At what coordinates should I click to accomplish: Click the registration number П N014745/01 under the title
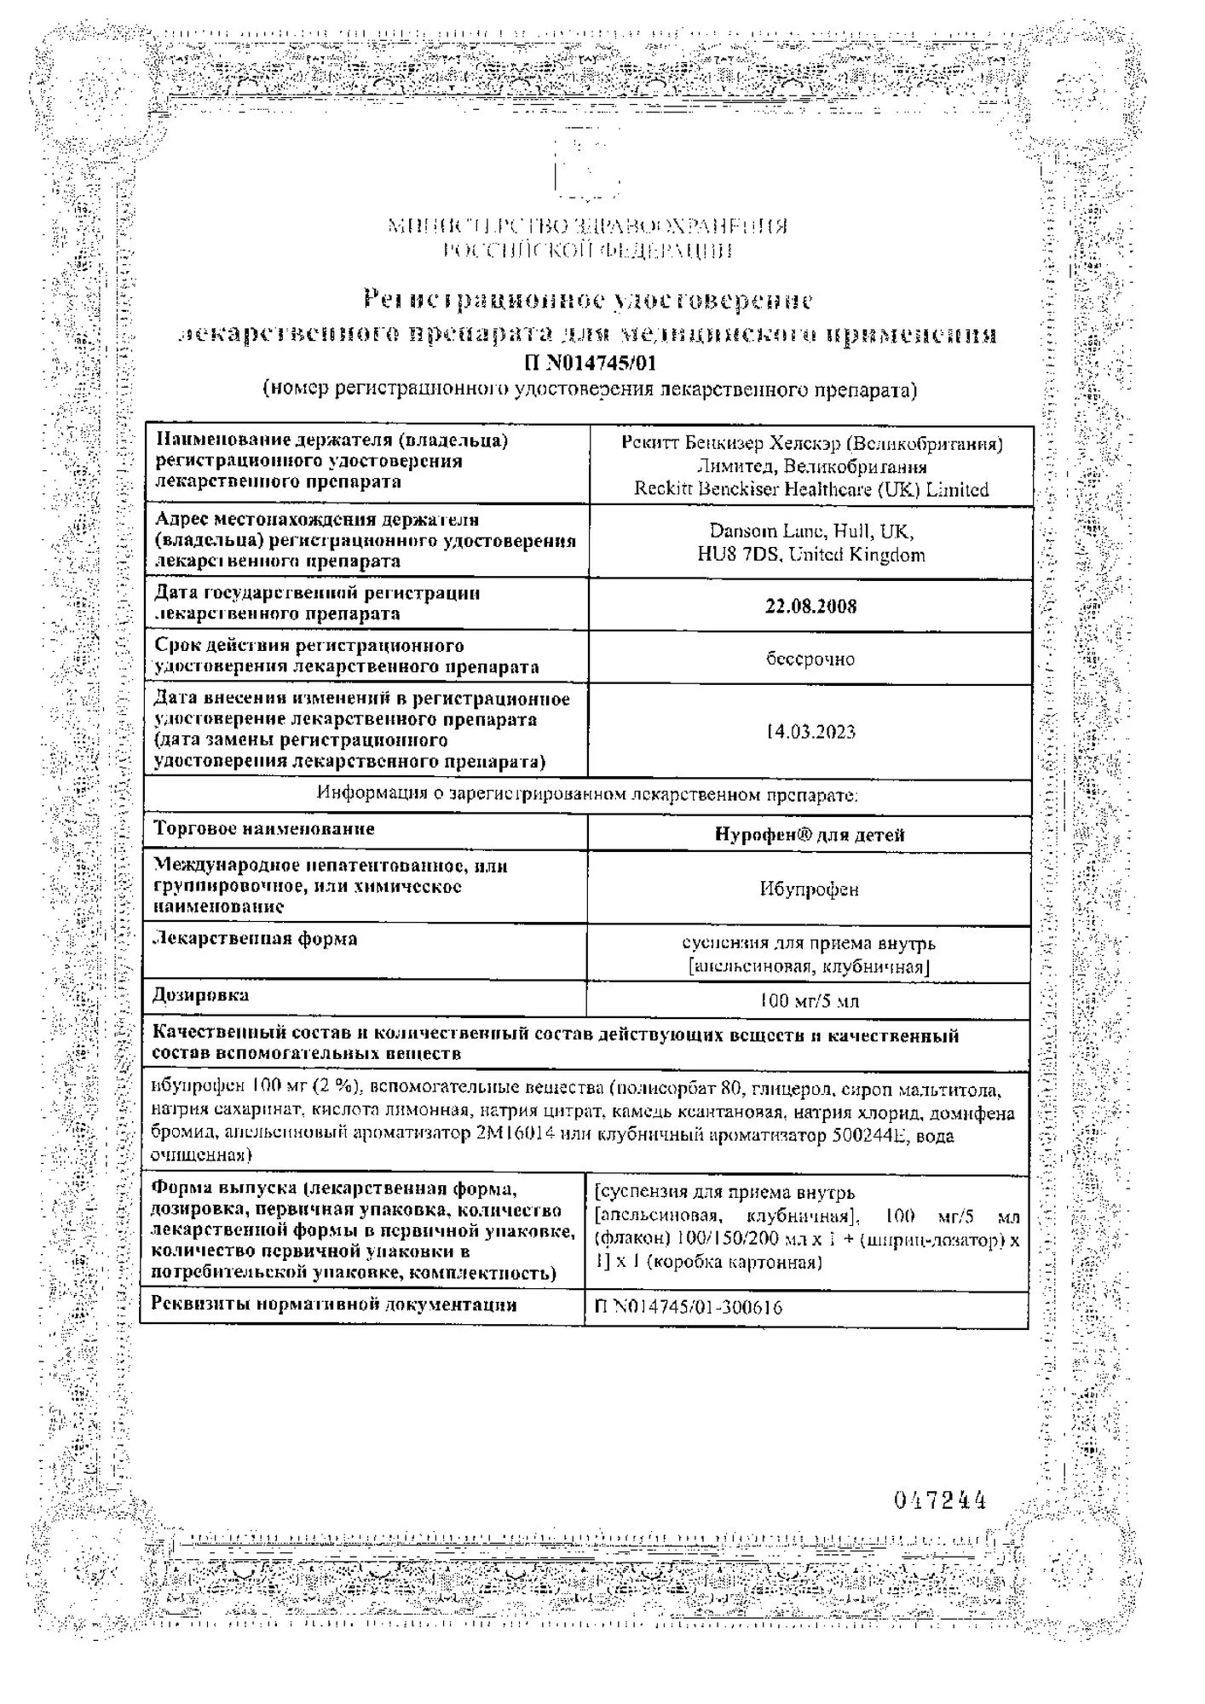click(x=590, y=364)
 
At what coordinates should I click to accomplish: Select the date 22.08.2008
click(x=810, y=606)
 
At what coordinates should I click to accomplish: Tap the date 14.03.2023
click(x=810, y=732)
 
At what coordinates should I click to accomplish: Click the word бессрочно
click(x=810, y=659)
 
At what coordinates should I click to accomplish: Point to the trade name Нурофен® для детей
click(x=809, y=835)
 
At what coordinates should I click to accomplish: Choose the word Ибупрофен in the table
click(x=809, y=889)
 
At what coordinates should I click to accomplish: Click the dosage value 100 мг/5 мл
click(x=809, y=1001)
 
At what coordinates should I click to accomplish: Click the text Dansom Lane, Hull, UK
click(x=810, y=532)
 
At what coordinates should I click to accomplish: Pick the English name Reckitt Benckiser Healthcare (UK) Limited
click(x=810, y=490)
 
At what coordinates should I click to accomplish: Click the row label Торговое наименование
click(x=263, y=829)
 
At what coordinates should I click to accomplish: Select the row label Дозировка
click(x=200, y=995)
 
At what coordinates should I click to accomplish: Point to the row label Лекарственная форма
click(x=254, y=939)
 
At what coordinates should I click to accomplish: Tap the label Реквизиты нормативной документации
click(x=333, y=1304)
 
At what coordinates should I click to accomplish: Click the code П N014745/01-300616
click(x=688, y=1307)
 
